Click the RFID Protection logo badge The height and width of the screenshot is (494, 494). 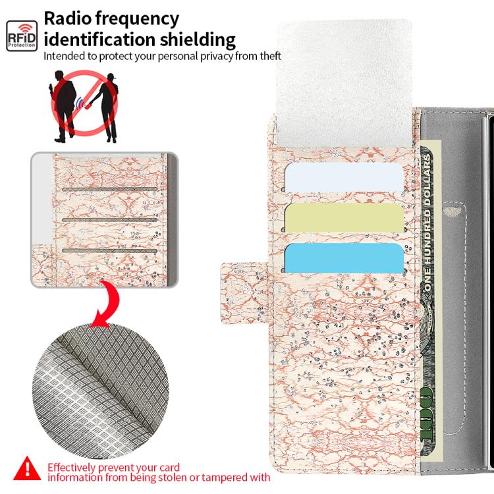(22, 36)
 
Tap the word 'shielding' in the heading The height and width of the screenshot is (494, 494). (198, 40)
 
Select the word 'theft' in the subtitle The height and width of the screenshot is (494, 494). (270, 56)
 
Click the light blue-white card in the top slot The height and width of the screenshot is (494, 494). (344, 177)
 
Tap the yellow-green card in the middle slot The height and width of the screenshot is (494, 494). (344, 218)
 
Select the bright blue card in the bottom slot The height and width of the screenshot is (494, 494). (344, 258)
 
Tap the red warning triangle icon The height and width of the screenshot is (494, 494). (27, 468)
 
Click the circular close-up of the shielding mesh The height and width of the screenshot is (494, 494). (100, 391)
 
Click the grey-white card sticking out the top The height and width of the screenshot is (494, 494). (344, 84)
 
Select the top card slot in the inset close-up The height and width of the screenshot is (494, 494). (109, 189)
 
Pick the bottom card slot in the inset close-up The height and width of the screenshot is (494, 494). (109, 251)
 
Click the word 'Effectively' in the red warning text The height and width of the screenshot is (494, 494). (71, 468)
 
